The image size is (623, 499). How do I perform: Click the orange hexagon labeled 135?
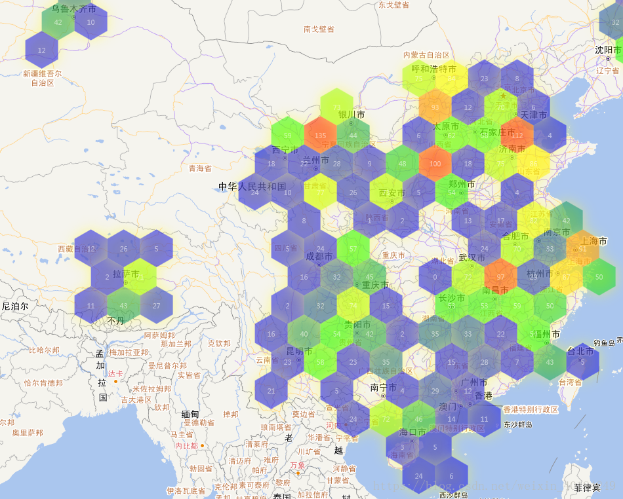pos(320,136)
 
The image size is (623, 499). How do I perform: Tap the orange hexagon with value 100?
pos(435,164)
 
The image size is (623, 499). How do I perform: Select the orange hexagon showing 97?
pos(501,277)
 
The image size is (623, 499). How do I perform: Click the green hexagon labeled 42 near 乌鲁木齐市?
pos(58,22)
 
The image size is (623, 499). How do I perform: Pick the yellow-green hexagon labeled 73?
pos(336,107)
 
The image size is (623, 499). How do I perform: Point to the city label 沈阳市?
pos(608,50)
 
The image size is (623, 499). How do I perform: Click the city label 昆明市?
pos(299,352)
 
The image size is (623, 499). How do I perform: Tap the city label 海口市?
pos(412,432)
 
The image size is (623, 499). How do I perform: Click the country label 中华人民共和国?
pos(252,187)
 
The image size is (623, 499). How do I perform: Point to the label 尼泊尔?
pos(14,306)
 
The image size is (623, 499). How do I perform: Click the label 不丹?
pos(115,321)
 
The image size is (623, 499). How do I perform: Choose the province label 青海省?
pos(200,168)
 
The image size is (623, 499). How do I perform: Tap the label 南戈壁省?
pos(319,29)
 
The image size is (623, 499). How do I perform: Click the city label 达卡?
pos(115,373)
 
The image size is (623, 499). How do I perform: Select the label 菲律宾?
pos(587,487)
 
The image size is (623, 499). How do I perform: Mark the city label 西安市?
pos(392,193)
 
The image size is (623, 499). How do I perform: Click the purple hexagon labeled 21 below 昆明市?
pos(271,391)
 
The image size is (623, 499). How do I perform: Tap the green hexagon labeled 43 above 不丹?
pos(123,306)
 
